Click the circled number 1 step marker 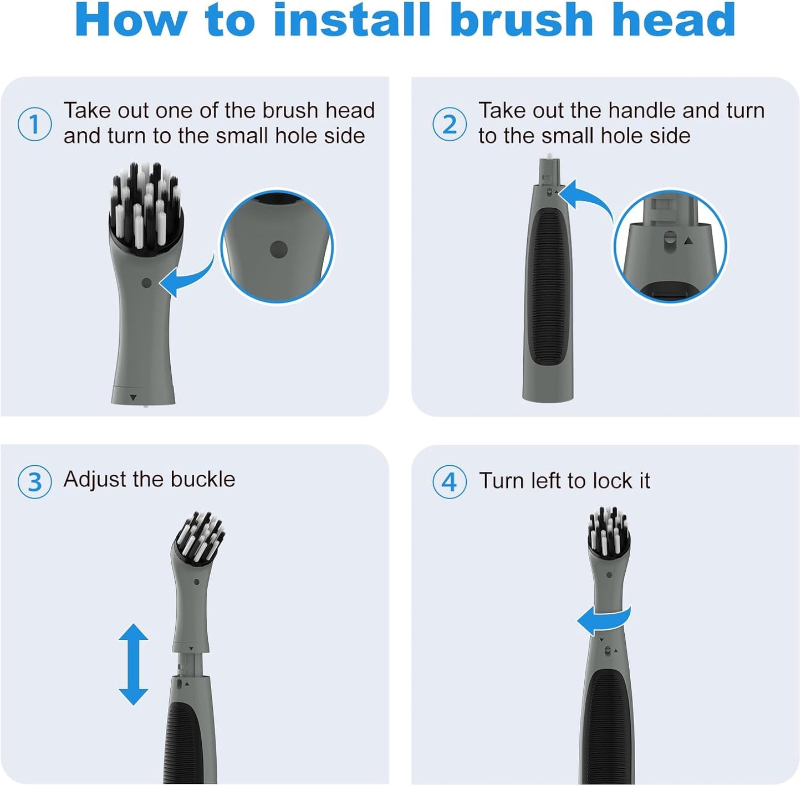click(34, 124)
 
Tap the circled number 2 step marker click(449, 124)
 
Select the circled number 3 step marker click(34, 482)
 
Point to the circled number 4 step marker click(449, 482)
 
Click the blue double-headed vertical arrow click(134, 664)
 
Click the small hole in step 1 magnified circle click(278, 249)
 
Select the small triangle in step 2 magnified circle click(688, 241)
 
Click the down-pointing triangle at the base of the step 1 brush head click(133, 397)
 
